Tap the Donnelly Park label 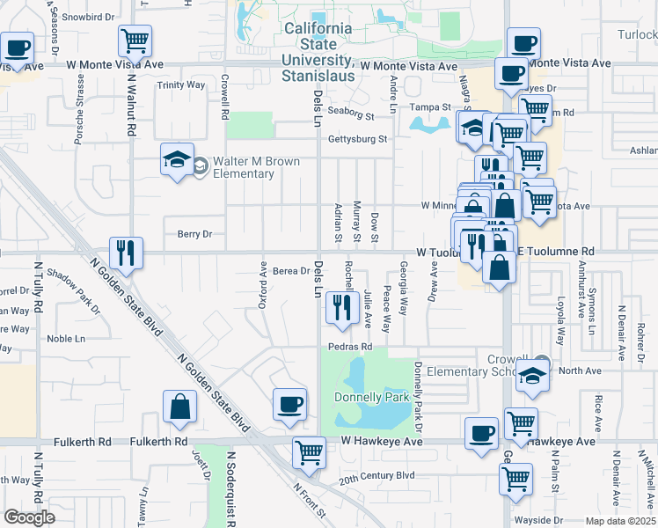372,397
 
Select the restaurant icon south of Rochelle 340,306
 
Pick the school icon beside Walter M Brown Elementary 177,161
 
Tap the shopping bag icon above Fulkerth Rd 179,407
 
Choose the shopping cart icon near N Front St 309,452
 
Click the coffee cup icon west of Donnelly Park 290,404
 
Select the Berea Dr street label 291,271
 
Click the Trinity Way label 180,85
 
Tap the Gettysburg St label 357,139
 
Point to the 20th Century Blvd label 377,475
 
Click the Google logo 29,517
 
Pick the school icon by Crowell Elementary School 532,376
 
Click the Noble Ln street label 66,338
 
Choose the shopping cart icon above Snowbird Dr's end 135,40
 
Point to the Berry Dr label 195,234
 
